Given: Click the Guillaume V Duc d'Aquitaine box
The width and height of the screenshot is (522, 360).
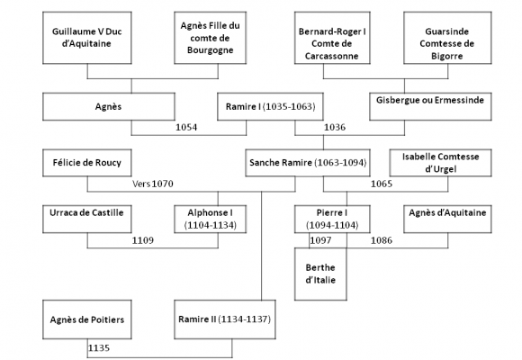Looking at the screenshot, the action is pyautogui.click(x=87, y=38).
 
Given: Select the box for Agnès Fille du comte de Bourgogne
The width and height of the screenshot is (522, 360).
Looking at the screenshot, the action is pyautogui.click(x=210, y=38).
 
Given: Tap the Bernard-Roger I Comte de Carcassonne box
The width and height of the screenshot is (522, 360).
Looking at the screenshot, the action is pyautogui.click(x=332, y=38).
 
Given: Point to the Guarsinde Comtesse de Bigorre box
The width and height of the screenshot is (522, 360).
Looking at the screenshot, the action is pyautogui.click(x=447, y=38).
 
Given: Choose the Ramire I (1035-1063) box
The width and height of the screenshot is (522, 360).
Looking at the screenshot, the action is pyautogui.click(x=270, y=106).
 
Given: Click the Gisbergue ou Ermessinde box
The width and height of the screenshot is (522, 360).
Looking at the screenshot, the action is pyautogui.click(x=430, y=106).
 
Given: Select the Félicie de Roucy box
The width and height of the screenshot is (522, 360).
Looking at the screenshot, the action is pyautogui.click(x=87, y=163).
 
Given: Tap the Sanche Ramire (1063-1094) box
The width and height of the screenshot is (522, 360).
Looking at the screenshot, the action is pyautogui.click(x=308, y=163).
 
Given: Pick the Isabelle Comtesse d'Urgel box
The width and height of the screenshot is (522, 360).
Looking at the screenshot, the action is pyautogui.click(x=440, y=163).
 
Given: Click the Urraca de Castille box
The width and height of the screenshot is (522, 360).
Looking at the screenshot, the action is pyautogui.click(x=87, y=219).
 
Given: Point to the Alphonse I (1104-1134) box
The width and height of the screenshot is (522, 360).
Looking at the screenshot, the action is pyautogui.click(x=210, y=219).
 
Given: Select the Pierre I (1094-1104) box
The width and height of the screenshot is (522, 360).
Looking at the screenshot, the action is pyautogui.click(x=332, y=219).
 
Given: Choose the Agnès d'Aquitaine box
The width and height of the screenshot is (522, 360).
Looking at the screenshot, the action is pyautogui.click(x=447, y=219).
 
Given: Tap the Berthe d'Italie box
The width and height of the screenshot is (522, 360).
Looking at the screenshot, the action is pyautogui.click(x=320, y=274).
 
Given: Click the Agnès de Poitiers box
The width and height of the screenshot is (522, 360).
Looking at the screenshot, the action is pyautogui.click(x=87, y=319).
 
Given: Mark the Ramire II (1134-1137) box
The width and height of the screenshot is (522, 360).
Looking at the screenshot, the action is pyautogui.click(x=225, y=319).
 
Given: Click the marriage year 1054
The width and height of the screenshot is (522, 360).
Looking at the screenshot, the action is pyautogui.click(x=186, y=127).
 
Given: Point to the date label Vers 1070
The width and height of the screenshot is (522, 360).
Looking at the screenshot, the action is pyautogui.click(x=153, y=184).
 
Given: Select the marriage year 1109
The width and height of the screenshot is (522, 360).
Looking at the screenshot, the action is pyautogui.click(x=143, y=240).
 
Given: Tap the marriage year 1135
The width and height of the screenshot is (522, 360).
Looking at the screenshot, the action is pyautogui.click(x=99, y=348).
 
